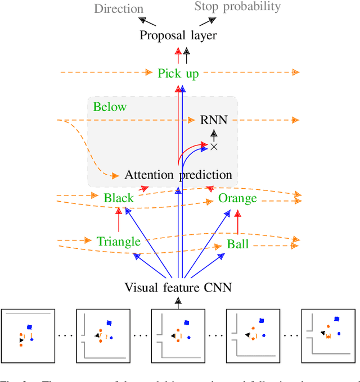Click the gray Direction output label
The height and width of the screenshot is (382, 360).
pos(119,8)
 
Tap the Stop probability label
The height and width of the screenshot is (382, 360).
pos(237,7)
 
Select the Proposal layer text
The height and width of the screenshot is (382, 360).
pos(178,35)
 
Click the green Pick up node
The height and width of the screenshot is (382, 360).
pos(178,73)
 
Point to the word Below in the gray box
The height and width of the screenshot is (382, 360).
pos(110,107)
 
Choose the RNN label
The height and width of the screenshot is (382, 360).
pos(213,120)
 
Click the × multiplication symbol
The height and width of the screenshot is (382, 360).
pos(213,147)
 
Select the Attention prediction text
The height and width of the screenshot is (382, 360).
pos(178,175)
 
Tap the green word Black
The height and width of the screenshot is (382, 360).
pos(119,198)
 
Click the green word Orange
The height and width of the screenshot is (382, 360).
pos(237,198)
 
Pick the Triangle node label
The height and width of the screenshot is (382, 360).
pos(118,242)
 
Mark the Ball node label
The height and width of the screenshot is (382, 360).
pos(237,244)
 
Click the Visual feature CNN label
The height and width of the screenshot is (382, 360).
pos(178,288)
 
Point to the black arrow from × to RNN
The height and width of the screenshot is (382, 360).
pos(213,134)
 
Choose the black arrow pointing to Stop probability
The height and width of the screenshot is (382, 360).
pos(207,21)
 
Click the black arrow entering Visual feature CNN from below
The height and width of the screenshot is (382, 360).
pos(178,302)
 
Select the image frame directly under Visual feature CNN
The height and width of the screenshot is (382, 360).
pos(178,335)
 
